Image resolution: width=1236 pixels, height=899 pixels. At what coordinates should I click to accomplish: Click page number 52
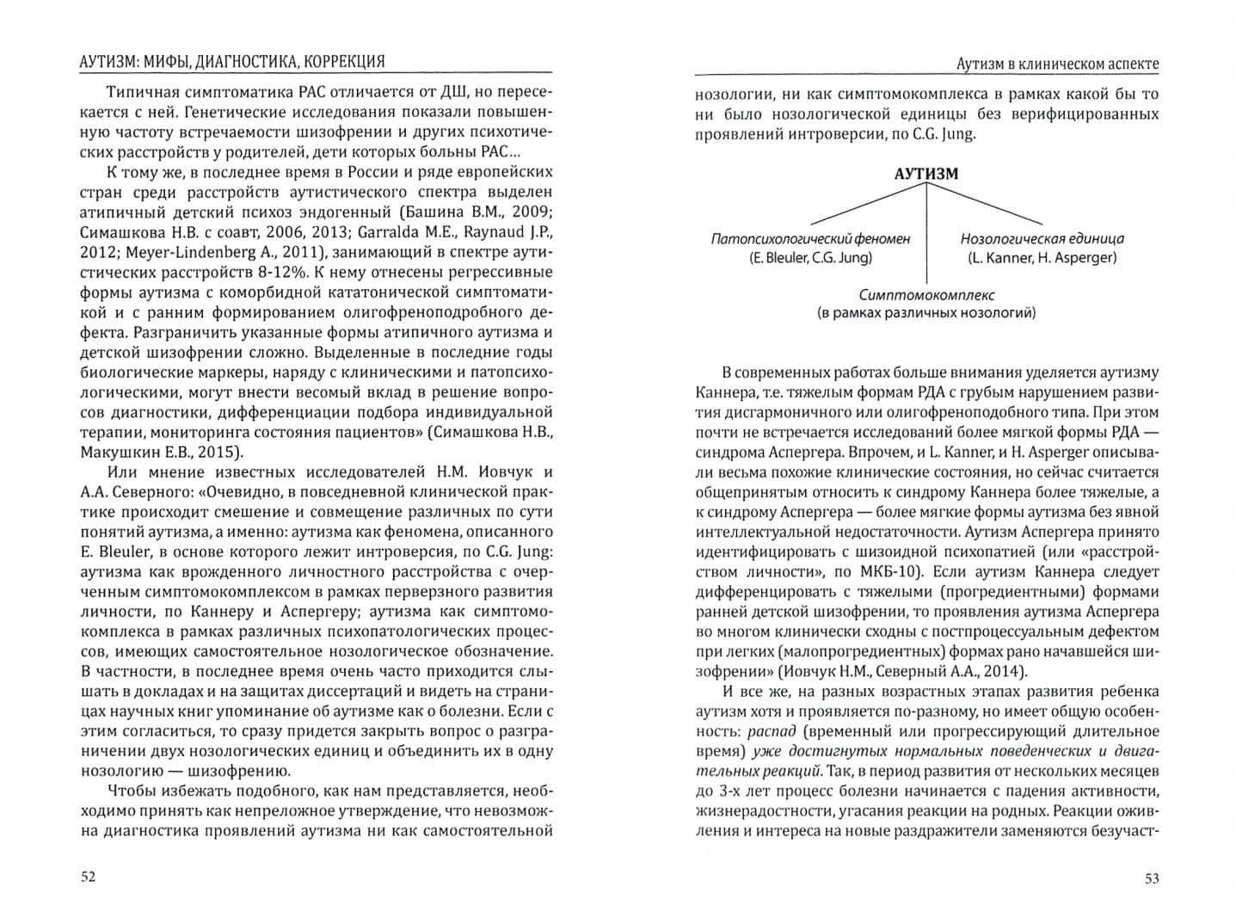(x=89, y=877)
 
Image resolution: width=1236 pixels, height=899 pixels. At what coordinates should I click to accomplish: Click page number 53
(x=1151, y=878)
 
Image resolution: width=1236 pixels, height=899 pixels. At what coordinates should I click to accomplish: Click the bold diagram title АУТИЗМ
(x=925, y=173)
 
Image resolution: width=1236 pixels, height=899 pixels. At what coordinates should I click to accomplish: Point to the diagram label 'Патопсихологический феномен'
(x=810, y=238)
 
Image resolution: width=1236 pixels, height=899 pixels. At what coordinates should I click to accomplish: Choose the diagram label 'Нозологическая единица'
(x=1042, y=238)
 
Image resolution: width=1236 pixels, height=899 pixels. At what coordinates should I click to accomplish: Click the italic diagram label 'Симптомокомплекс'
(x=926, y=294)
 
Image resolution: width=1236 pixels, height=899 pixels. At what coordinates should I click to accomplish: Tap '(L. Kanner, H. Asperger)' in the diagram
(x=1042, y=257)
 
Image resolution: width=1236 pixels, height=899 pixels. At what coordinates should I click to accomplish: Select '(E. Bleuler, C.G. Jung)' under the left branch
(x=810, y=257)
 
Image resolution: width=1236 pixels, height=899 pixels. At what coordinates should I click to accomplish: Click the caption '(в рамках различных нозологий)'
(x=926, y=313)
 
